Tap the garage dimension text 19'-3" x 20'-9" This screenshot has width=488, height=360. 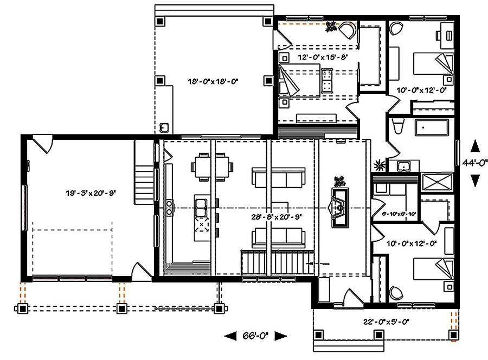click(92, 192)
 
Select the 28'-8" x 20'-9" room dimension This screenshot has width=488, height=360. click(276, 216)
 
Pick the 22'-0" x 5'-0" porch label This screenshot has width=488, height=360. click(386, 322)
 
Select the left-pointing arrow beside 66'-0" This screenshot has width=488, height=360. click(230, 336)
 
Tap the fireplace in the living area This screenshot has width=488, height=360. click(340, 207)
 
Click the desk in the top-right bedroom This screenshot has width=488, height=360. click(448, 34)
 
